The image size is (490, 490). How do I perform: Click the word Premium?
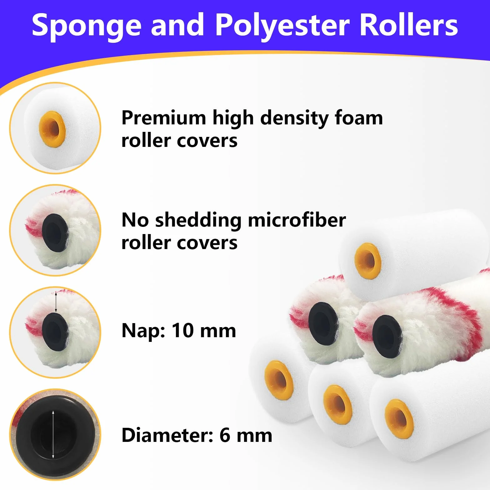[x=164, y=118]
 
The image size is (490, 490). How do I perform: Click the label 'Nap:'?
[x=143, y=331]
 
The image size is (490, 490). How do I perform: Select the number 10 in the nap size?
[x=182, y=330]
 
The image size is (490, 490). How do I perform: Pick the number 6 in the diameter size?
[x=225, y=435]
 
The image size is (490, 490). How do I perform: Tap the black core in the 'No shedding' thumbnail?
[x=55, y=233]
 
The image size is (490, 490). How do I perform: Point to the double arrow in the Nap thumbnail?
[x=56, y=302]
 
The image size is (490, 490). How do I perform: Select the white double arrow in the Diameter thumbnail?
[x=53, y=435]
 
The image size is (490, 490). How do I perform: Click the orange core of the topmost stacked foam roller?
[x=367, y=261]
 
